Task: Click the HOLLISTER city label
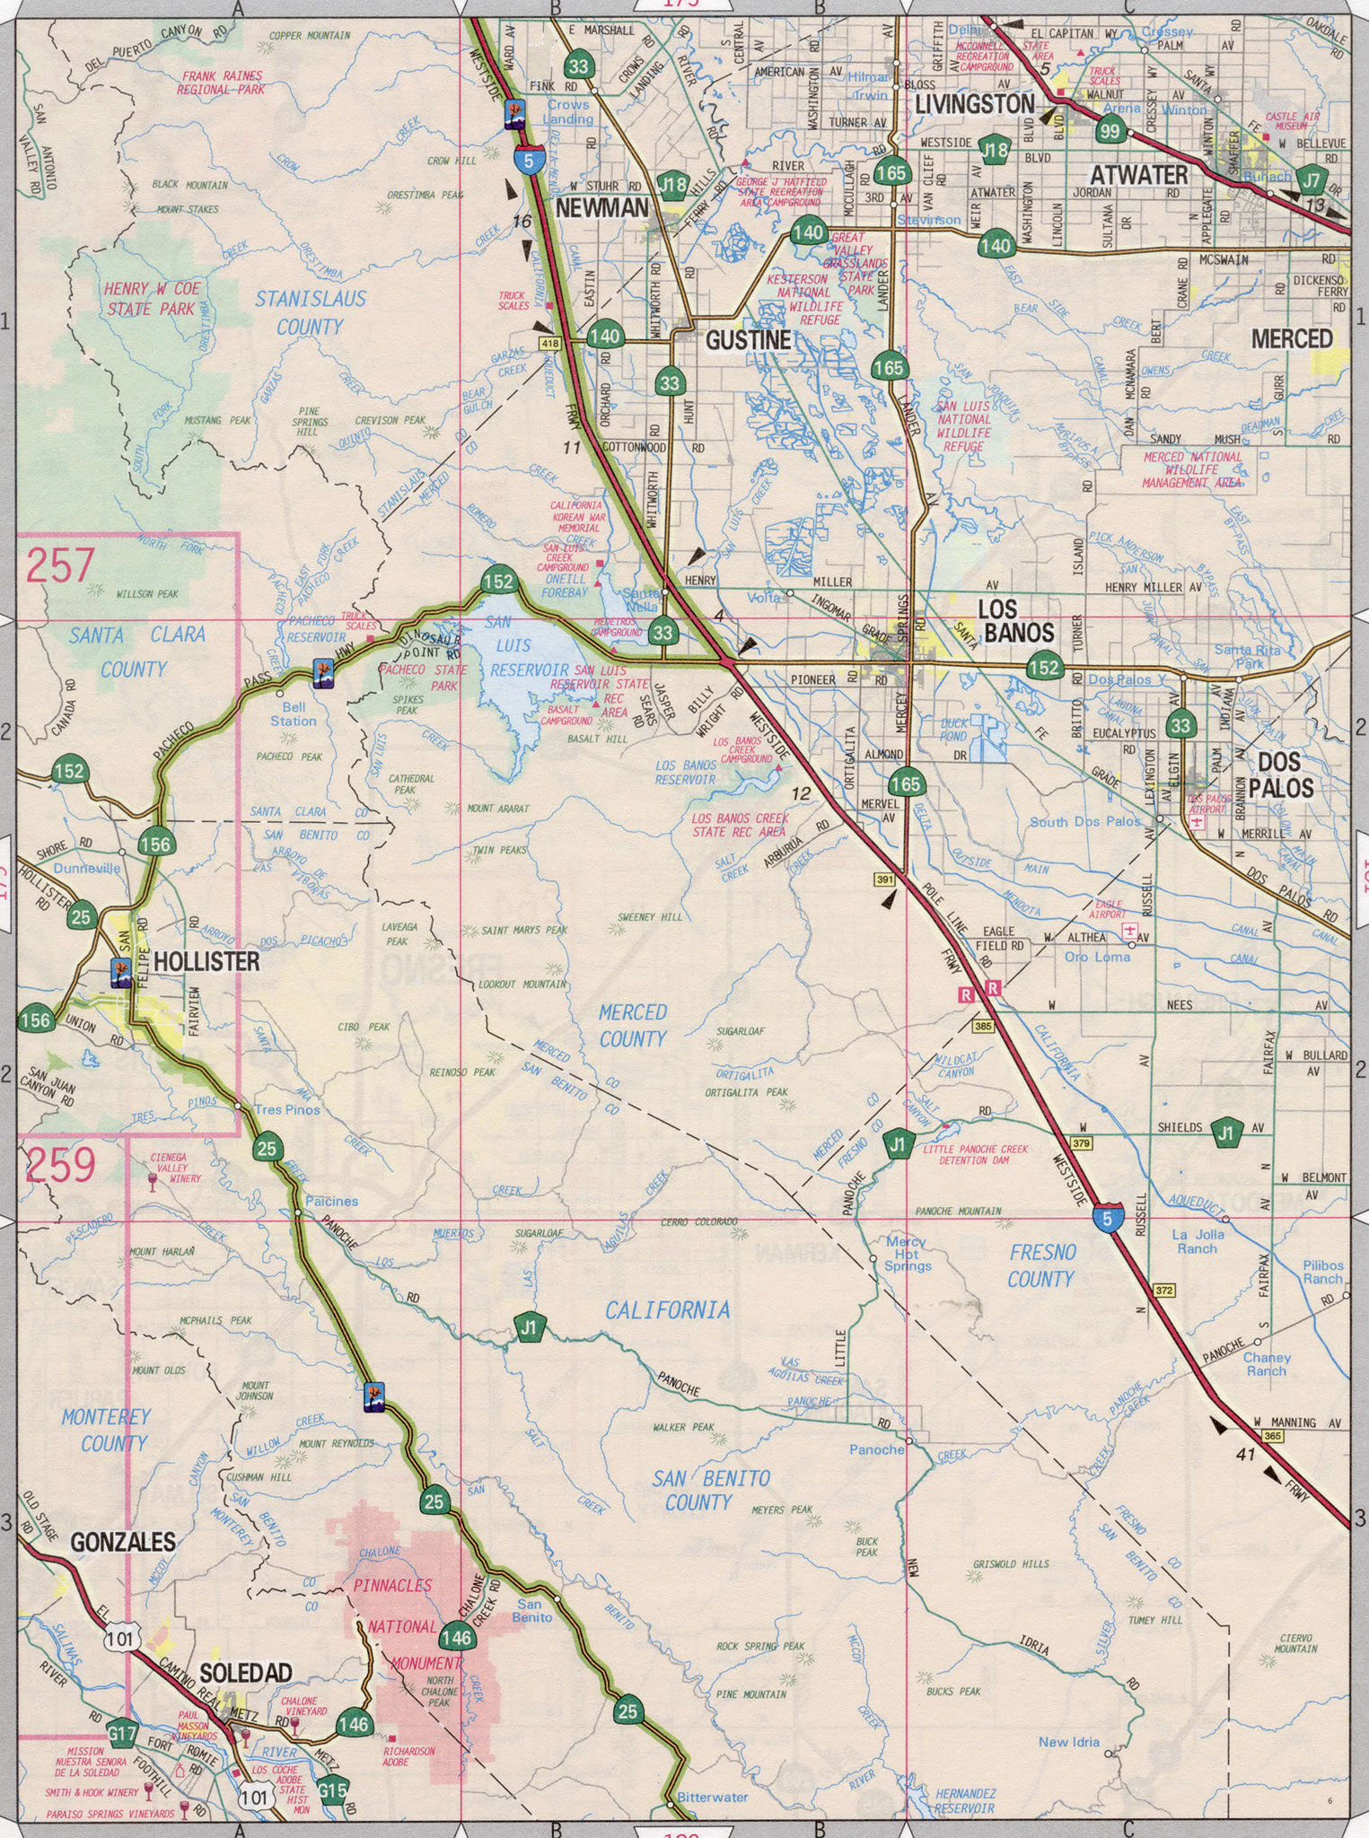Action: (206, 962)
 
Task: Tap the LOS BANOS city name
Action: (1015, 620)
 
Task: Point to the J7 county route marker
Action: (1312, 180)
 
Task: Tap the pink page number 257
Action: (60, 566)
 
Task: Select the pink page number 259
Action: (60, 1165)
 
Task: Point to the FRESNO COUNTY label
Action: (1040, 1265)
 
